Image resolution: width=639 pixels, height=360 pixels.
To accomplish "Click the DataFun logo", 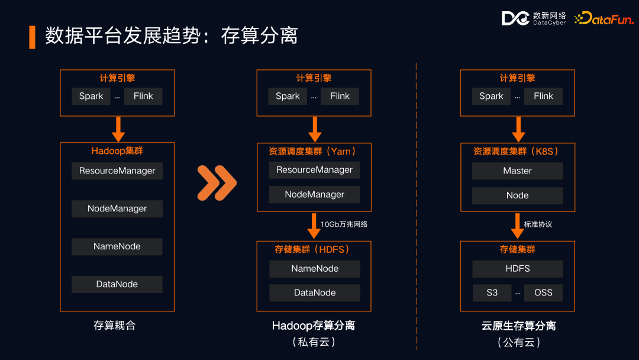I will pyautogui.click(x=604, y=18).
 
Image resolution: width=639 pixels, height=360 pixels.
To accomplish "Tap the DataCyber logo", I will pyautogui.click(x=534, y=18).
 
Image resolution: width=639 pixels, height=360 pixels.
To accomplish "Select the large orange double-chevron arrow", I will pyautogui.click(x=217, y=182).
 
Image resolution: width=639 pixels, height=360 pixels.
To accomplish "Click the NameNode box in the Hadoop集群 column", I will pyautogui.click(x=117, y=246).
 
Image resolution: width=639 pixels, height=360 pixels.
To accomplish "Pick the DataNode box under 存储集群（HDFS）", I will pyautogui.click(x=315, y=292).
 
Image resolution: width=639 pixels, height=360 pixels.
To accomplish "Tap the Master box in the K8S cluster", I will pyautogui.click(x=517, y=171).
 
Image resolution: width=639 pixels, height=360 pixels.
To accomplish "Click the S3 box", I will pyautogui.click(x=492, y=292).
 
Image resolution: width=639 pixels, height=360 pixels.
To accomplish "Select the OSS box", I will pyautogui.click(x=543, y=292).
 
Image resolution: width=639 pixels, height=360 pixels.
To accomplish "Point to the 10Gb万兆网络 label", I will pyautogui.click(x=344, y=224).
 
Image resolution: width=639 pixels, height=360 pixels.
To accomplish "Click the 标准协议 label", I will pyautogui.click(x=538, y=224).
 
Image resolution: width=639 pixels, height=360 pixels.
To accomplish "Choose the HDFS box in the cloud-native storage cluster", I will pyautogui.click(x=517, y=268).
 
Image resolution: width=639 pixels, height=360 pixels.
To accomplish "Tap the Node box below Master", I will pyautogui.click(x=517, y=195).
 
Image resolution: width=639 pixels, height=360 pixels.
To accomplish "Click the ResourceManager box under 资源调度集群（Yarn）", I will pyautogui.click(x=315, y=170).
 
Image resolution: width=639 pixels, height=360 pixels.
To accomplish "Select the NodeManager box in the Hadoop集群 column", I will pyautogui.click(x=117, y=208).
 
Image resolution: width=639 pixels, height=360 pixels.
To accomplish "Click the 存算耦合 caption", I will pyautogui.click(x=115, y=326).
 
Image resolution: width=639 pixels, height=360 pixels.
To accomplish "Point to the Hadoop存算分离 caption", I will pyautogui.click(x=314, y=326).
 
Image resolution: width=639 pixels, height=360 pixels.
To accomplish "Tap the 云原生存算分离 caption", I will pyautogui.click(x=518, y=326).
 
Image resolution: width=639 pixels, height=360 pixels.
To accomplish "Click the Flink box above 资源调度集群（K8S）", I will pyautogui.click(x=543, y=96).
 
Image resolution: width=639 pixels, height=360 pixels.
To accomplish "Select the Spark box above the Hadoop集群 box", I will pyautogui.click(x=91, y=96).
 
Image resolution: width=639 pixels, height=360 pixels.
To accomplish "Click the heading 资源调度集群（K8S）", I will pyautogui.click(x=517, y=151).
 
